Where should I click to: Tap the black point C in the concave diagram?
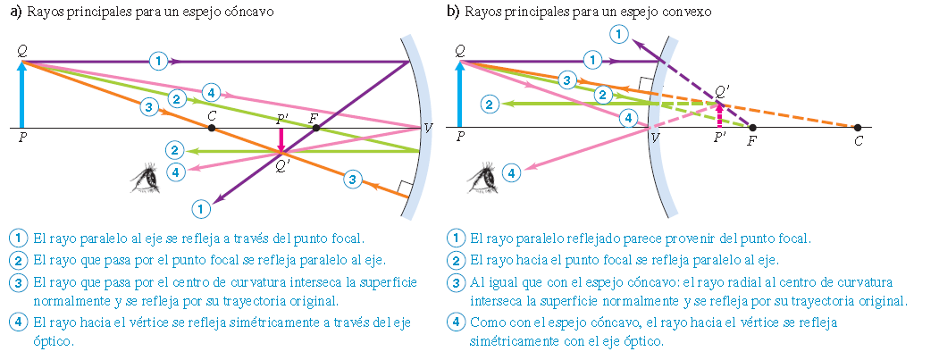[212, 128]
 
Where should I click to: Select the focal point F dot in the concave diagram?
[316, 128]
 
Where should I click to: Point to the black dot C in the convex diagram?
[858, 128]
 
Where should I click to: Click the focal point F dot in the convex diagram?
[752, 128]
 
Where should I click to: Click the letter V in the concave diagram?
[428, 128]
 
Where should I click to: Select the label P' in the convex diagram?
[719, 138]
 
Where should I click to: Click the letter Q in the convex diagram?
[459, 50]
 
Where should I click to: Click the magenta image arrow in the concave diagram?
[281, 141]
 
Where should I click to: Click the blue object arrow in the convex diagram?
[459, 95]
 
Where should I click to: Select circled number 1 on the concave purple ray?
[157, 61]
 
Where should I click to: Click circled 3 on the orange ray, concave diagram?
[148, 106]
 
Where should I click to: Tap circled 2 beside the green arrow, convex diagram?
[489, 105]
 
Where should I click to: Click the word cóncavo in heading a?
[250, 13]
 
